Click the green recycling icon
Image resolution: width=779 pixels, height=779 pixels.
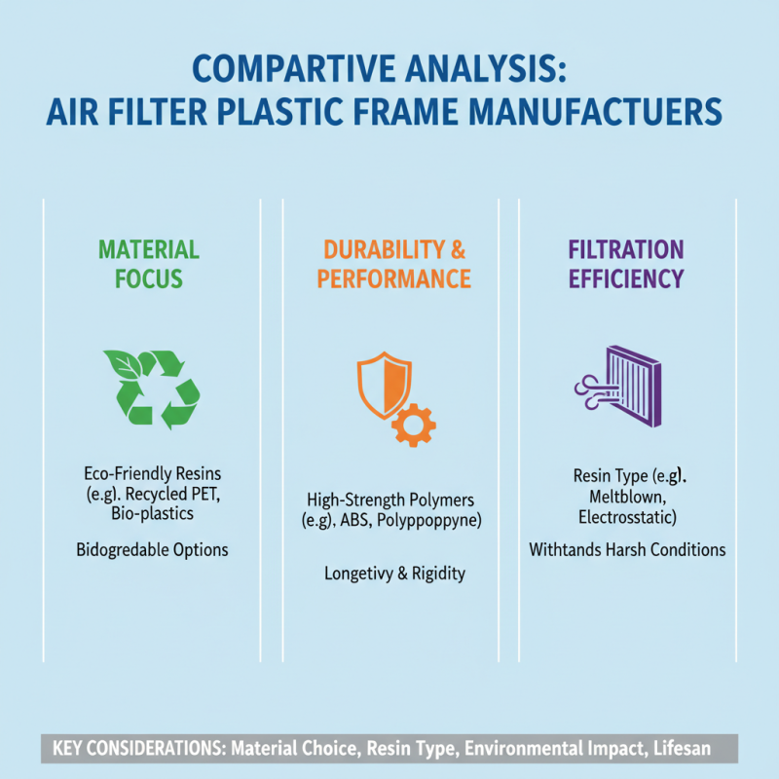[151, 389]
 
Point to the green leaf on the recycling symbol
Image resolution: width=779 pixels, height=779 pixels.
[123, 366]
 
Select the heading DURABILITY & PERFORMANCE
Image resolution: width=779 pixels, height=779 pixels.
[394, 263]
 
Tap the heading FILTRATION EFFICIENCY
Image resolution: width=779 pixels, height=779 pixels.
[626, 263]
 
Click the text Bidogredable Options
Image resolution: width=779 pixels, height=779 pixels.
[152, 549]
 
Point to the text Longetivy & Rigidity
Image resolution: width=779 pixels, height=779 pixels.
[394, 574]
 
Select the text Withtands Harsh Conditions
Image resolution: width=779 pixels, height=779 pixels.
[627, 549]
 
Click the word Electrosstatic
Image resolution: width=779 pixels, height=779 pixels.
[626, 517]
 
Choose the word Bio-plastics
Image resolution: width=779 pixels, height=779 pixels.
[152, 512]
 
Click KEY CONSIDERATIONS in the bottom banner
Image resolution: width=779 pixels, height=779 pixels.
[130, 750]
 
